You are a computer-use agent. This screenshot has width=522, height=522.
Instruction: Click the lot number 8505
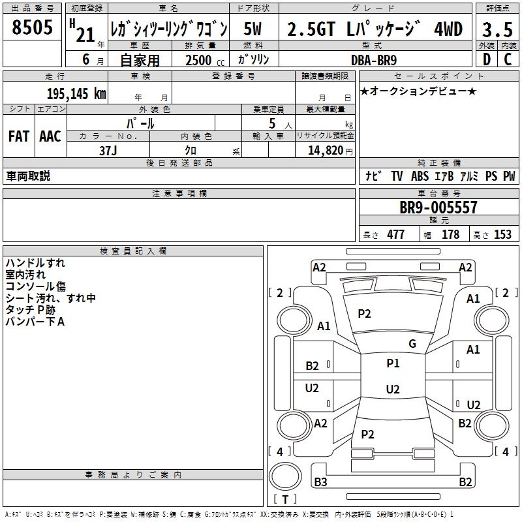pos(32,27)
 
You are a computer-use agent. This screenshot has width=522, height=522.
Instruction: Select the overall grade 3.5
pos(497,29)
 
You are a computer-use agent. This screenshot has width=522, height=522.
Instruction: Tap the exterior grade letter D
pos(487,59)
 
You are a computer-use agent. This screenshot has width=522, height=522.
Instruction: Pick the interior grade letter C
pos(508,59)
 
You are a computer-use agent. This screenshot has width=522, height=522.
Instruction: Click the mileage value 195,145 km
pos(76,93)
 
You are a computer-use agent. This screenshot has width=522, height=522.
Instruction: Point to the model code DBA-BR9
pos(374,60)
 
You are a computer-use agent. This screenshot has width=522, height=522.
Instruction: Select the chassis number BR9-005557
pos(438,207)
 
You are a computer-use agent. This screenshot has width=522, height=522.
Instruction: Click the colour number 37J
pos(108,151)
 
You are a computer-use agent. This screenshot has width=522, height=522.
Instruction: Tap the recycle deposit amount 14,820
pos(326,151)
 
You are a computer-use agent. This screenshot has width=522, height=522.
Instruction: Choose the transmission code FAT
pos(19,136)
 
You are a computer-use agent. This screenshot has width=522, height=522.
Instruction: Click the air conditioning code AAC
pos(50,136)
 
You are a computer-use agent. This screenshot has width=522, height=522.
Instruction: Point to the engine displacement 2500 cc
pos(205,60)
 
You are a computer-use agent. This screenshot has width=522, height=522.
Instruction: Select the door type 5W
pos(253,29)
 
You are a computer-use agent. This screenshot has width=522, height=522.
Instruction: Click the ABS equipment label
pos(420,176)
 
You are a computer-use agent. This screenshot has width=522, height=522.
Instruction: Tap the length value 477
pos(396,234)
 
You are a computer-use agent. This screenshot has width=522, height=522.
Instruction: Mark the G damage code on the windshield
pos(412,344)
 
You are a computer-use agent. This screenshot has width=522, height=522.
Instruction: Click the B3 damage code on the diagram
pos(320,482)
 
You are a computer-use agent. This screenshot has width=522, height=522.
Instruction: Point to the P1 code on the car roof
pos(393,363)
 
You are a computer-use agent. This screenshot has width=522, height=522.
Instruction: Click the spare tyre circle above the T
pos(285,476)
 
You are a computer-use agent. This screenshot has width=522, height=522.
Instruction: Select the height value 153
pos(502,234)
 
